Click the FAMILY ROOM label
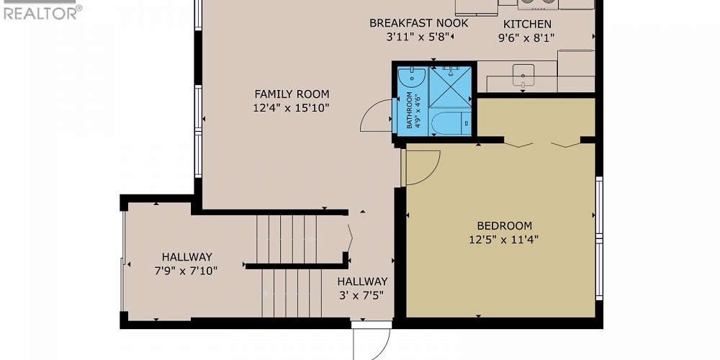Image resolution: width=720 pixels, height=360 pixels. (x=292, y=94)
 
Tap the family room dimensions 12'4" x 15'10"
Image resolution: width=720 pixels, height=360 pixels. (x=292, y=109)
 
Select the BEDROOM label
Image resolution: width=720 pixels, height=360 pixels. (x=504, y=225)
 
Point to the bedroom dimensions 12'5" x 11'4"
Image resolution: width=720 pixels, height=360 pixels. (x=504, y=240)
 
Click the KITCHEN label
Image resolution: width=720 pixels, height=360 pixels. (x=527, y=24)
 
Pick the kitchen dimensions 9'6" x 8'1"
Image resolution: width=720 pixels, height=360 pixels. (x=527, y=38)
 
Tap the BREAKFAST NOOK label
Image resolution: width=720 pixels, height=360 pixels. (x=418, y=23)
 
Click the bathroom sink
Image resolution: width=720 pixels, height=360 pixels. (x=411, y=75)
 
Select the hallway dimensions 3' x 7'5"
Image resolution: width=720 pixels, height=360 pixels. (x=362, y=294)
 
